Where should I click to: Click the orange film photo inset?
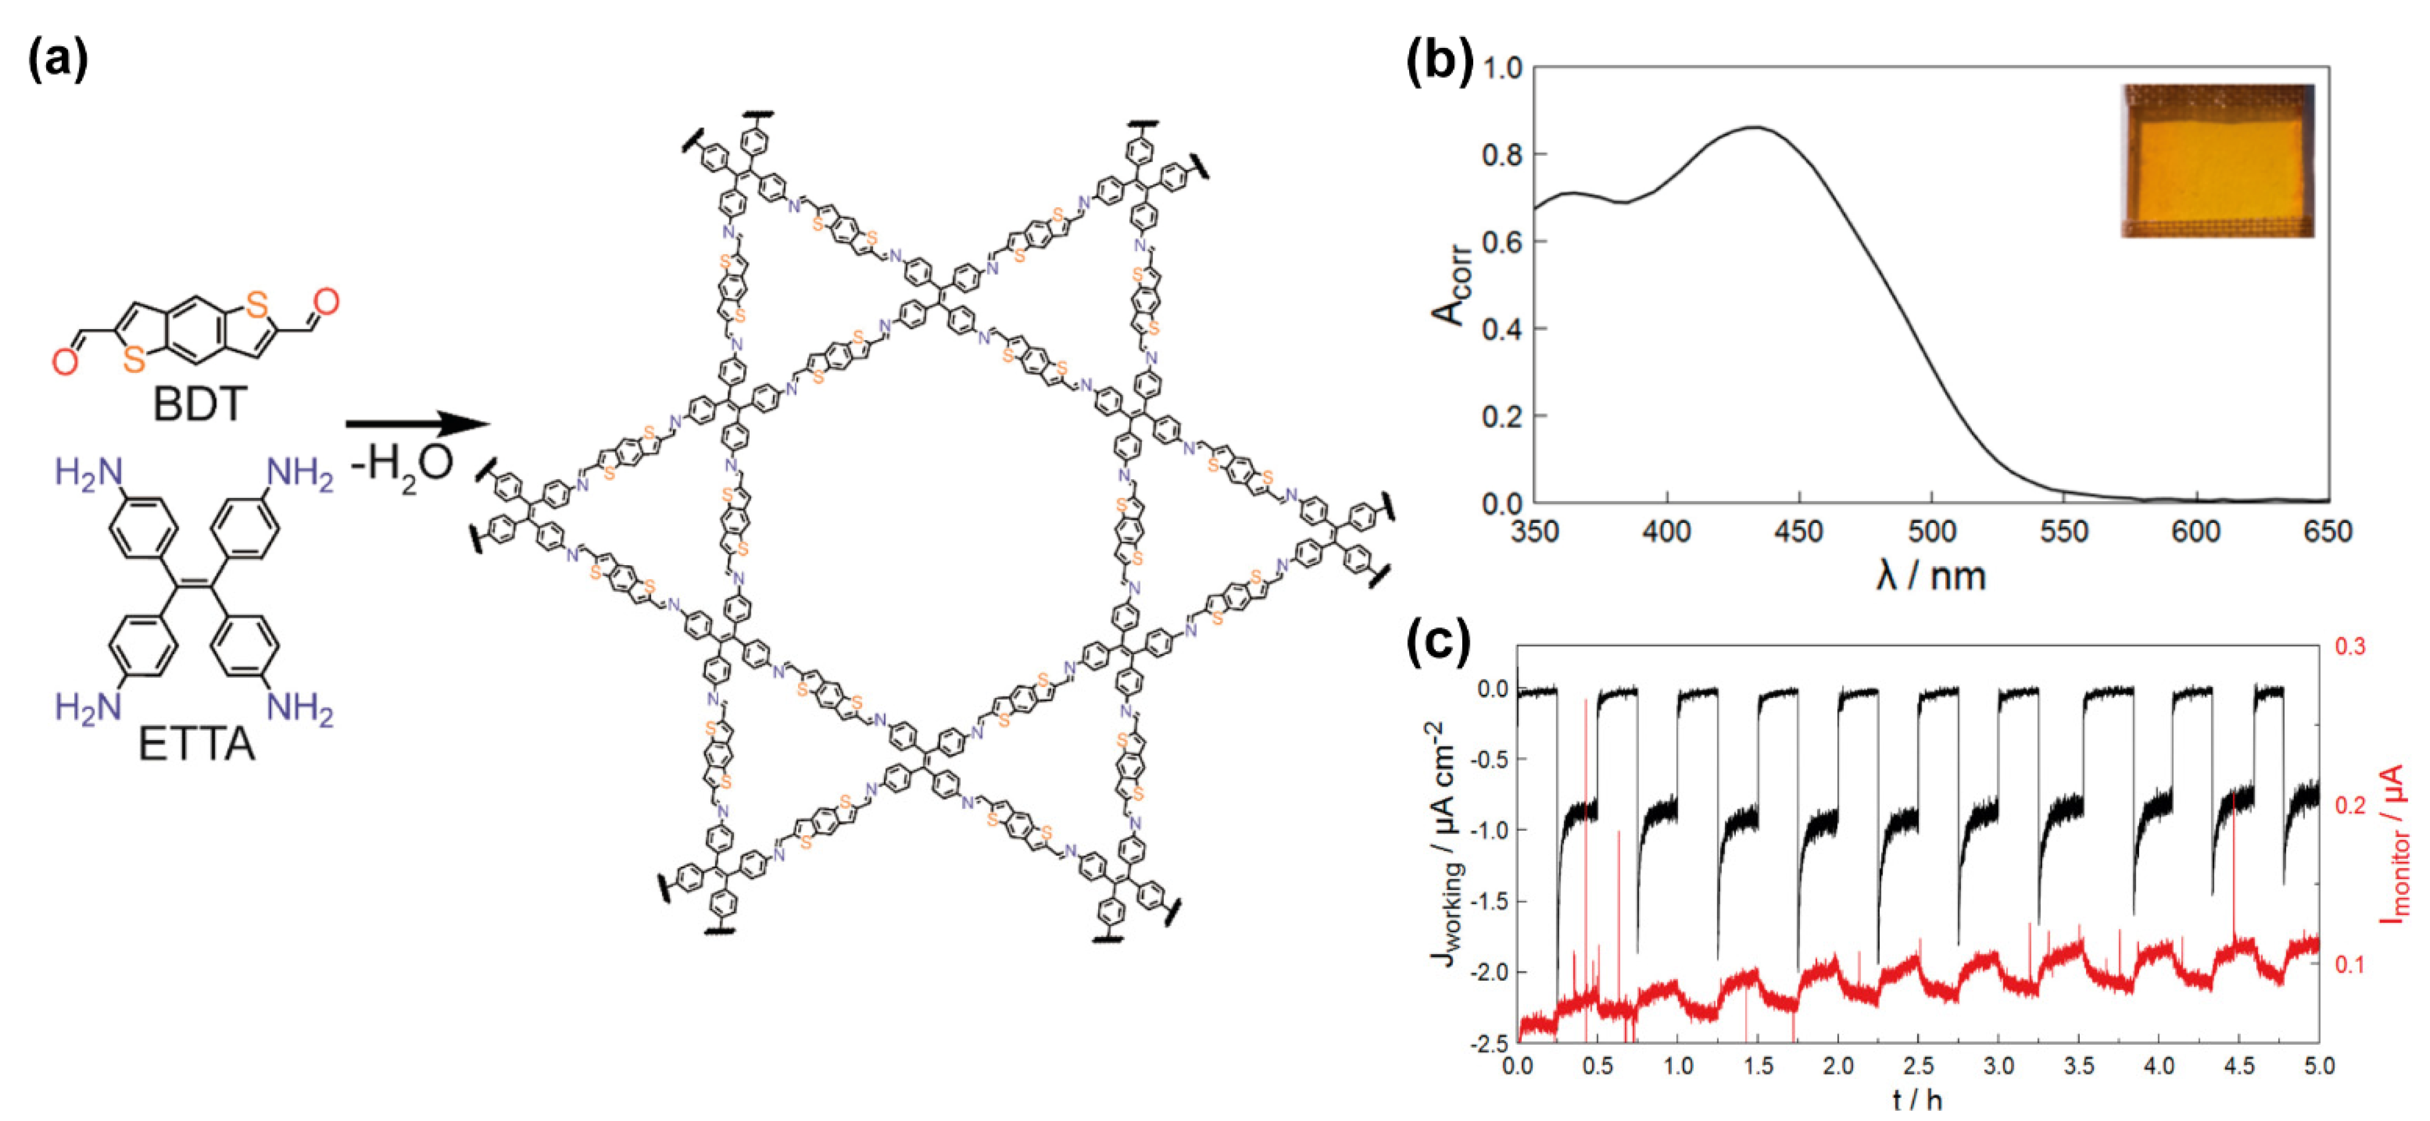point(2217,160)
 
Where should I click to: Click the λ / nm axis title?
point(1930,576)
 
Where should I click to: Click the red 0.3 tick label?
point(2349,647)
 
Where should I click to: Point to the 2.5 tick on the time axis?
point(1918,1066)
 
